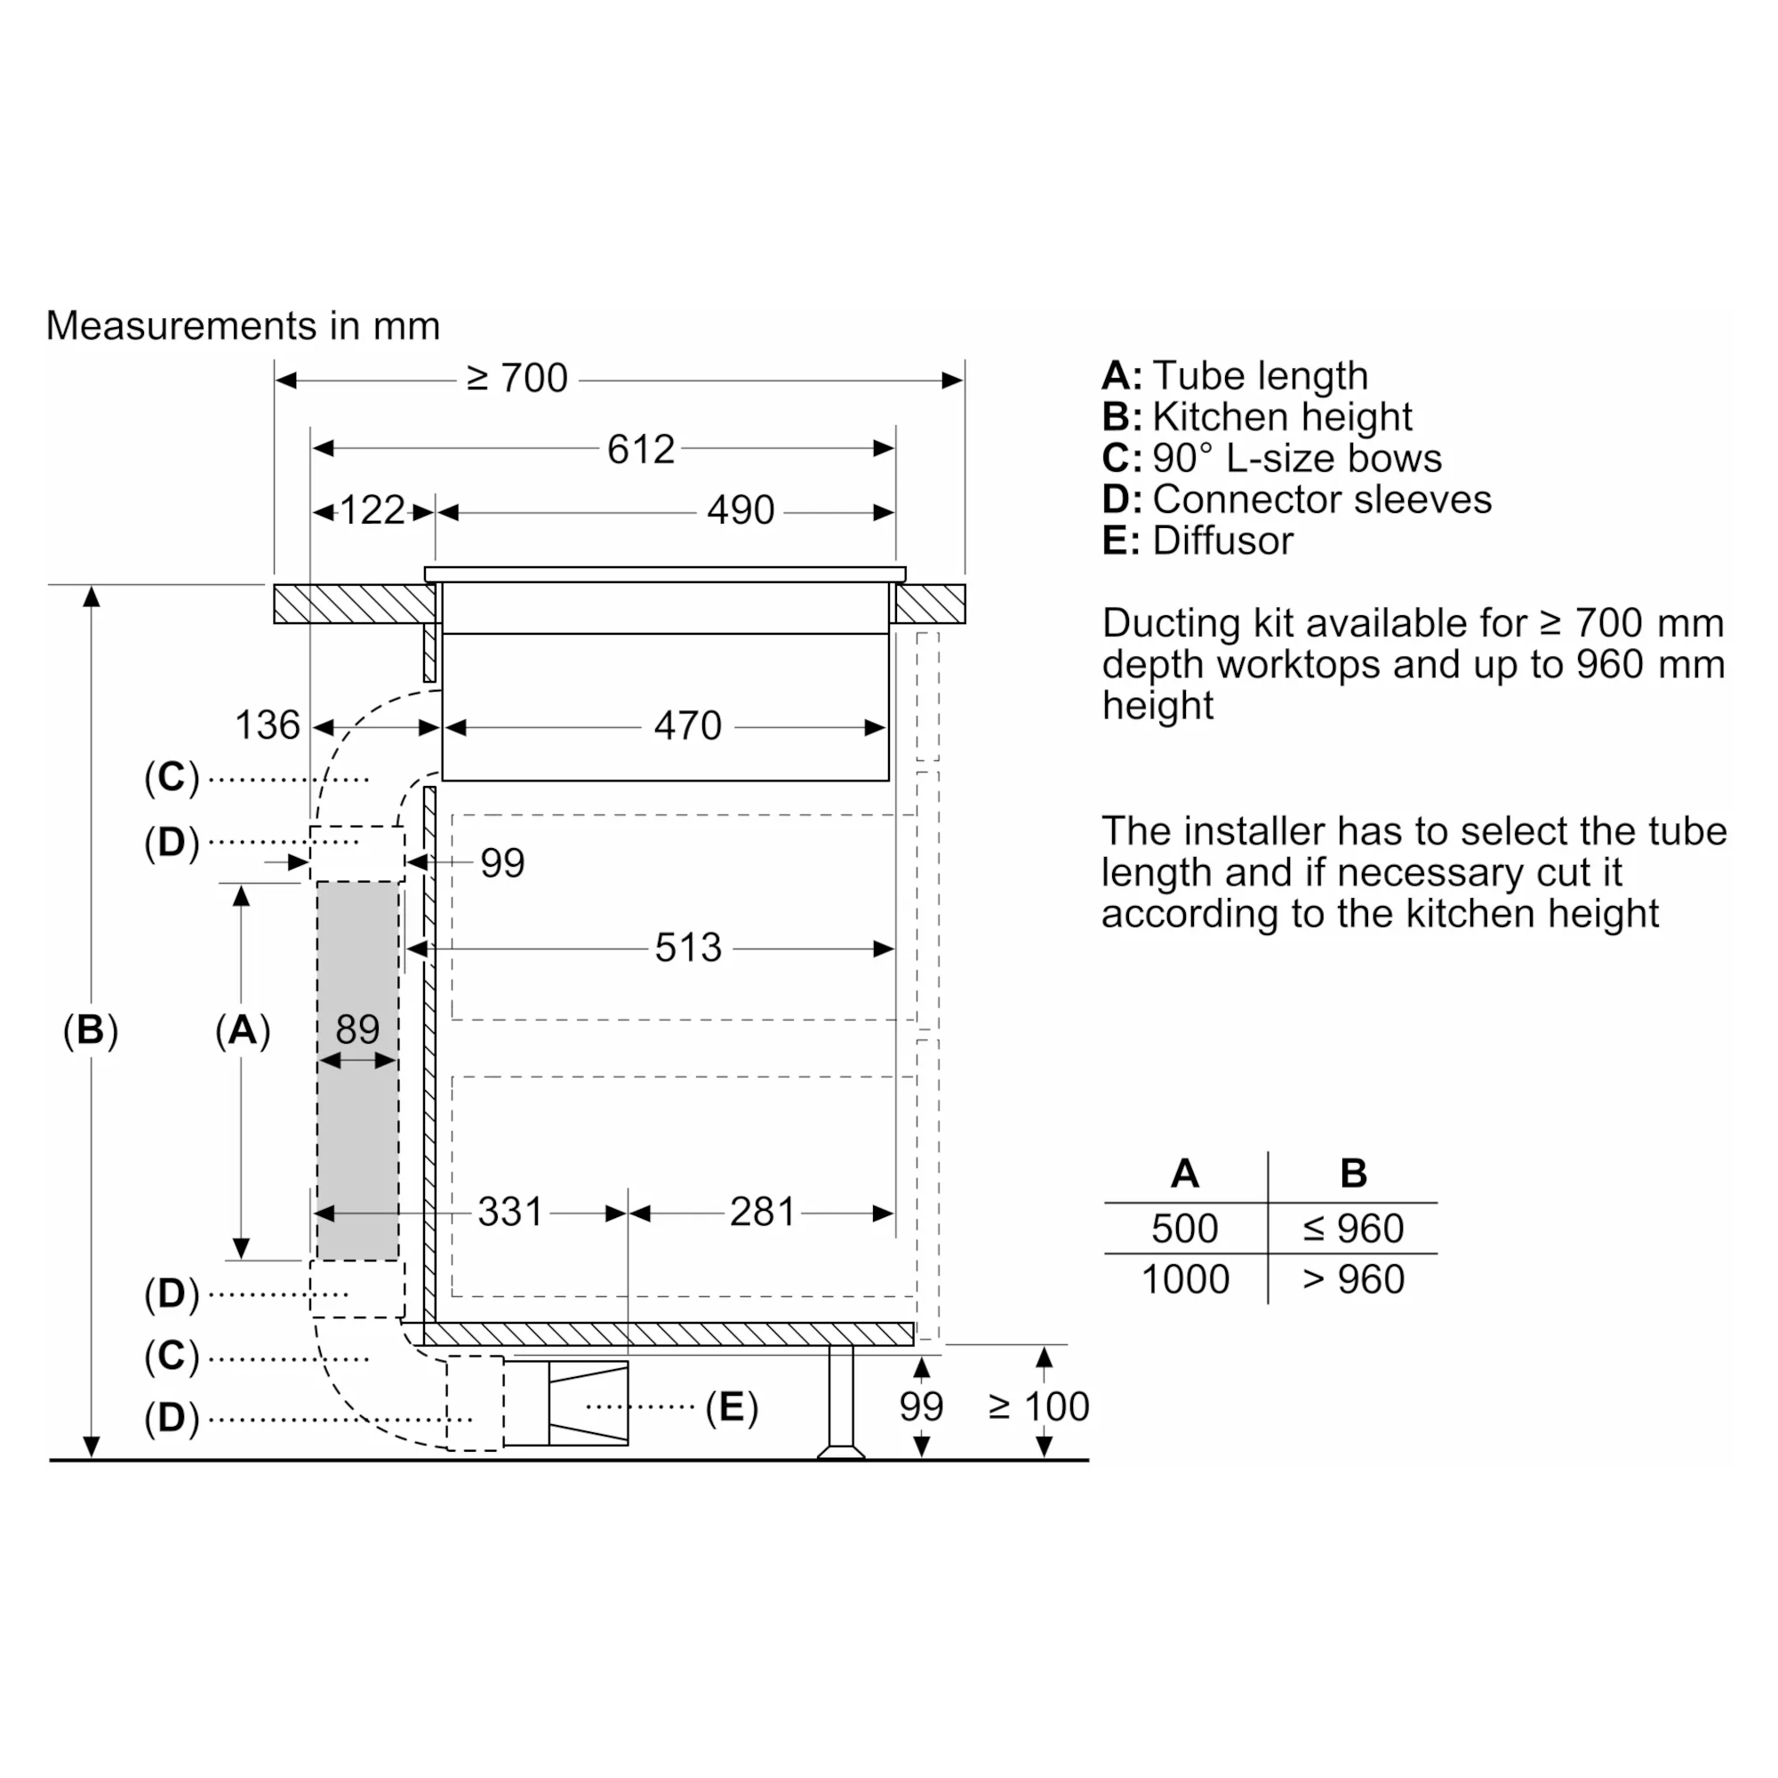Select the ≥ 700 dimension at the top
517,378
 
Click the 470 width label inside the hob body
687,726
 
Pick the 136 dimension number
267,725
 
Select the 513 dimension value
687,948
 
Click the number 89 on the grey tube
357,1029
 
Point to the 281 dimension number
762,1212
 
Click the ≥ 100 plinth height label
1039,1406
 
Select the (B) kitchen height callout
90,1029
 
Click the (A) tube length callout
243,1029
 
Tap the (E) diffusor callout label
732,1407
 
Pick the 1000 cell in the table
1185,1279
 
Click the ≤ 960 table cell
1353,1229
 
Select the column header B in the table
1354,1173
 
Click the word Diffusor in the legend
1223,541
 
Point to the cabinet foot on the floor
841,1403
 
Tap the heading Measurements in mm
243,325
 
